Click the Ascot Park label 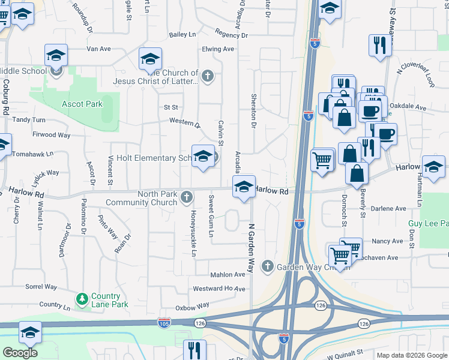click(82, 104)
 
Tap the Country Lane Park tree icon click(82, 298)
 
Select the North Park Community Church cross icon click(187, 196)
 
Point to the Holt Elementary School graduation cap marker click(203, 157)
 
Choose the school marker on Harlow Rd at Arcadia click(244, 188)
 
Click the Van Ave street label click(99, 49)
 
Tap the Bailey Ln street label click(182, 35)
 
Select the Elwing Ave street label click(218, 49)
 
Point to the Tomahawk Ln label click(28, 154)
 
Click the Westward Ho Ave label click(219, 289)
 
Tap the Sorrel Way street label click(41, 287)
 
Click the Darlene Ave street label click(388, 209)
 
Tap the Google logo click(20, 353)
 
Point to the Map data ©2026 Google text click(411, 355)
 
